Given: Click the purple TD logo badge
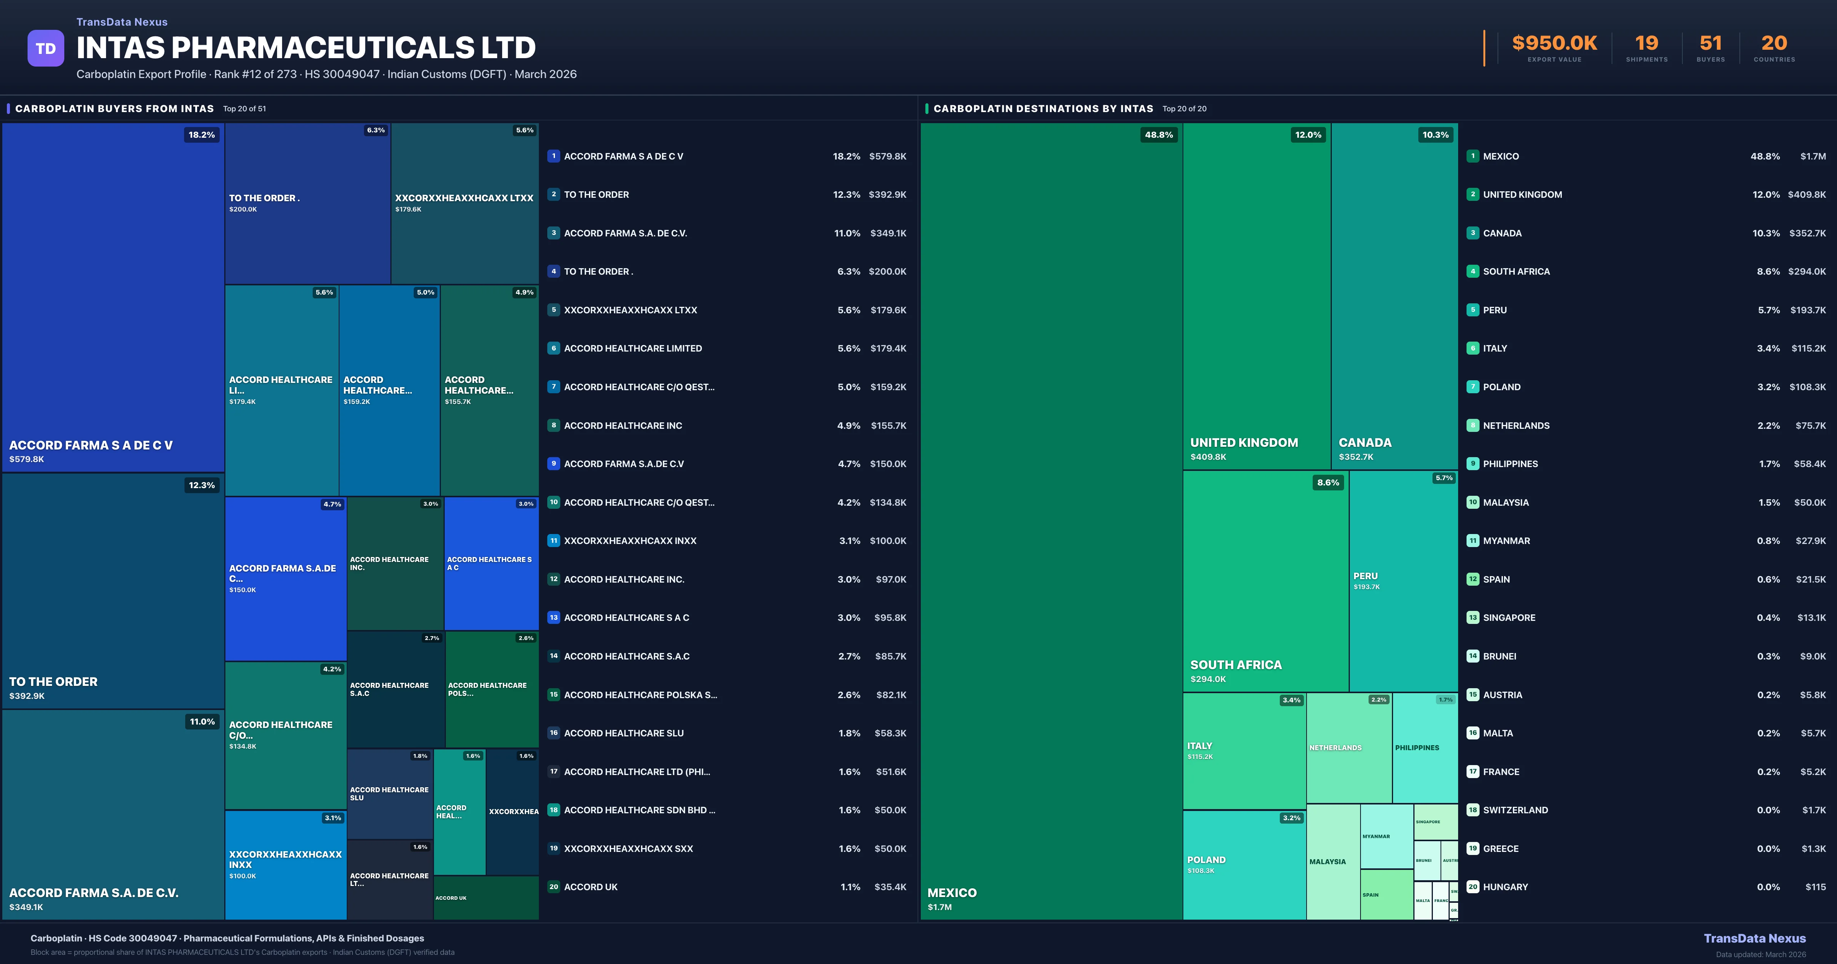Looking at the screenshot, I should (46, 49).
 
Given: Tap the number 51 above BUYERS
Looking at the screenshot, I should (1710, 44).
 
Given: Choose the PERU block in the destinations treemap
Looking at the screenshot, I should (1403, 581).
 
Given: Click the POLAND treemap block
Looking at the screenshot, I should (1244, 864).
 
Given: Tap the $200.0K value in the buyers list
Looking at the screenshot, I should (887, 272).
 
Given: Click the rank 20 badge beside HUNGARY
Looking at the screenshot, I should (1473, 887).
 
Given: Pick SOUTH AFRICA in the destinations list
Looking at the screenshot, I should (1516, 272).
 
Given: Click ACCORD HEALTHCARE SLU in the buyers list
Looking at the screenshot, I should (623, 733).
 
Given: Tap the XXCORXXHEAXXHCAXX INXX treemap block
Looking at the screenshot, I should (285, 864).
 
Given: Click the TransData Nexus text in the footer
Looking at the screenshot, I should (1754, 938).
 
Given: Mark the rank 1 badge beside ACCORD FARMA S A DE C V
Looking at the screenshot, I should (553, 156).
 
